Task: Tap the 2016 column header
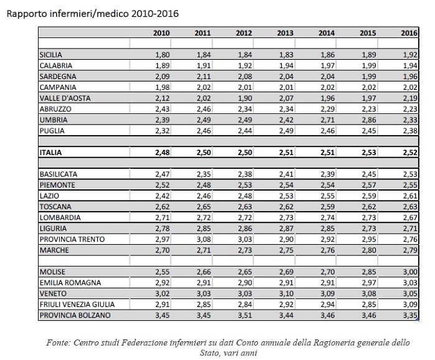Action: click(409, 33)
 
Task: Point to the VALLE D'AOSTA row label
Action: click(62, 98)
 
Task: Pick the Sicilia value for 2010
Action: click(161, 55)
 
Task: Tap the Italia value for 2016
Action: click(409, 151)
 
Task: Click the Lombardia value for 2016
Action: click(409, 217)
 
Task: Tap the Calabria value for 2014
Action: click(326, 66)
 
